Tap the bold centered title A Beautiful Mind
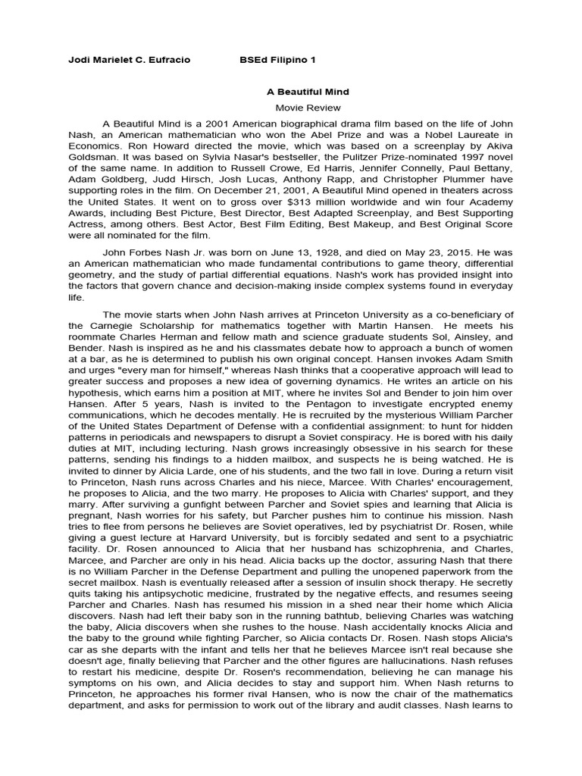coord(308,92)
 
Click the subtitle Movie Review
coord(308,108)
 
